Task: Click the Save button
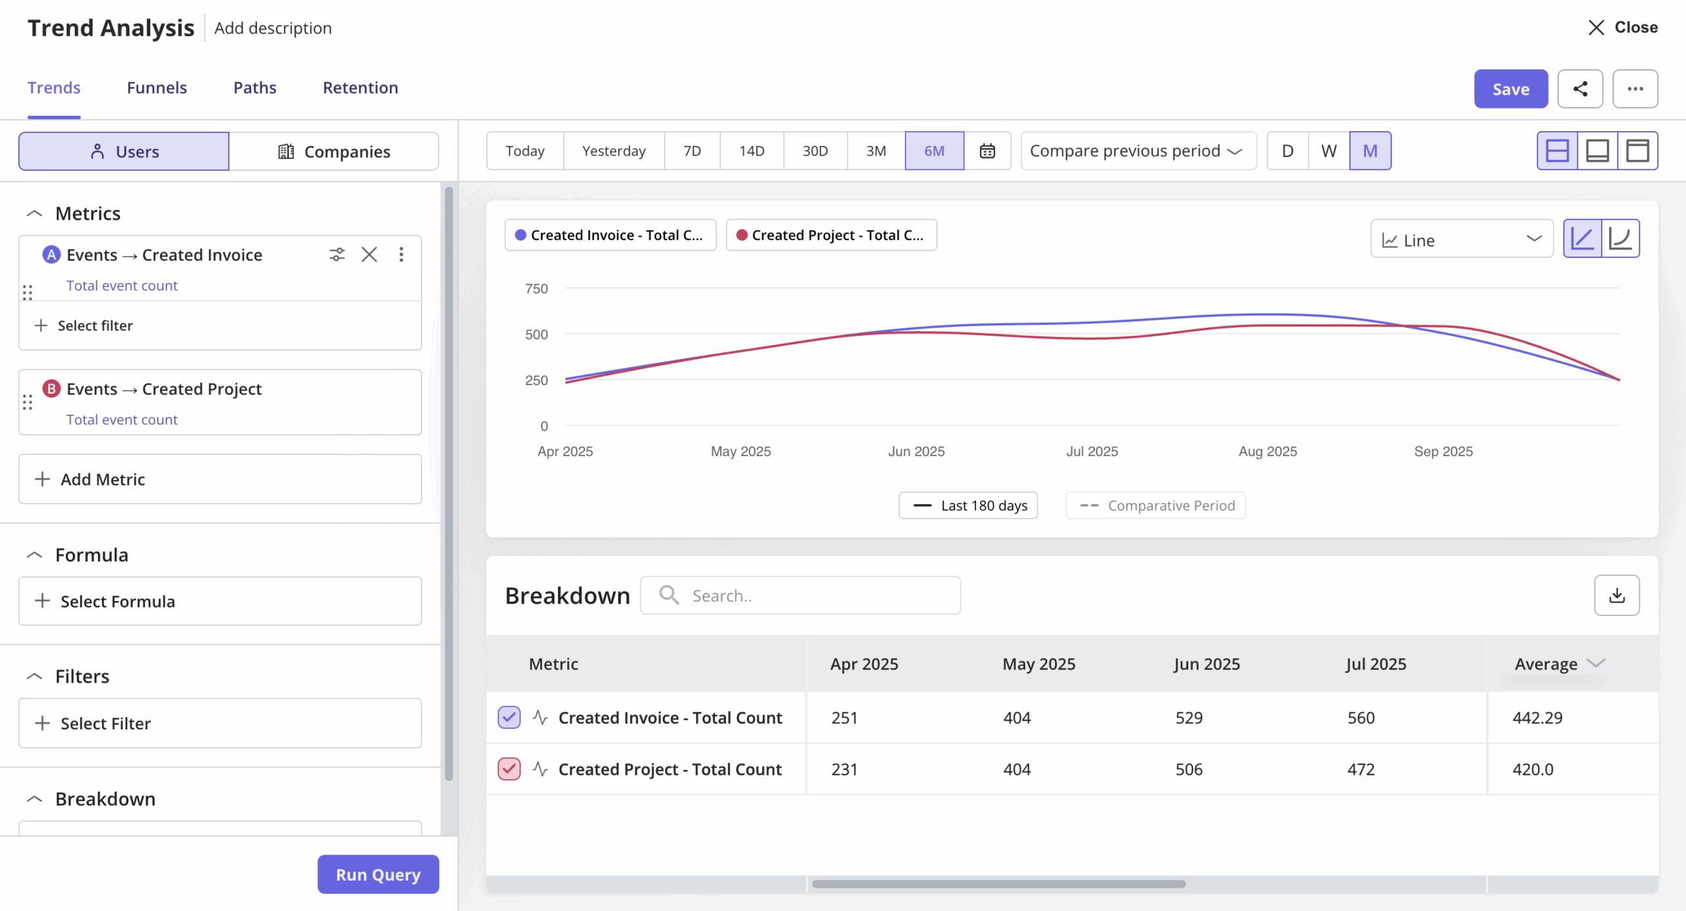(x=1510, y=89)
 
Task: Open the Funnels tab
(x=157, y=88)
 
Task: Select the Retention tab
(x=360, y=88)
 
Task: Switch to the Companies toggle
(x=334, y=151)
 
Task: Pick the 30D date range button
(x=815, y=151)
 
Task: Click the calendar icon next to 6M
(x=987, y=151)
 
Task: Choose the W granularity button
(x=1328, y=151)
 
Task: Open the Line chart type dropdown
(x=1461, y=240)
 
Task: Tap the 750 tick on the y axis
(x=536, y=289)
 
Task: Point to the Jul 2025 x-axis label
(x=1092, y=452)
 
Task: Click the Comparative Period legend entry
(x=1156, y=506)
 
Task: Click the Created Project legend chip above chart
(x=830, y=235)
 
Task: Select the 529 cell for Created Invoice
(x=1189, y=717)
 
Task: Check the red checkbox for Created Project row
(x=509, y=769)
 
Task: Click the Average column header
(x=1546, y=664)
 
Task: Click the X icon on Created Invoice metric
(x=369, y=255)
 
